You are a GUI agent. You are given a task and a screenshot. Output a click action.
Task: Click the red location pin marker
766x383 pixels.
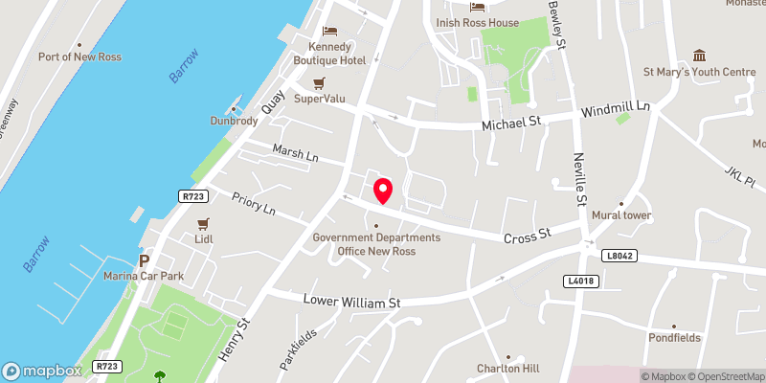click(x=383, y=190)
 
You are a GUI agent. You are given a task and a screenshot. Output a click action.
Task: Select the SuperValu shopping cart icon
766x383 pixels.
click(x=320, y=82)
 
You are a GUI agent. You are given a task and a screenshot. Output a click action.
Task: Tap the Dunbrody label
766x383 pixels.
click(x=234, y=121)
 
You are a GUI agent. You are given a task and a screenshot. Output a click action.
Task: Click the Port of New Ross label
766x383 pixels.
click(x=77, y=56)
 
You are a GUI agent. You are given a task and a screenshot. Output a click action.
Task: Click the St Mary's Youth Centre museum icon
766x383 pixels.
click(x=699, y=54)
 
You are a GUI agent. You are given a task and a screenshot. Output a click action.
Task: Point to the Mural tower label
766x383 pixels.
click(x=621, y=215)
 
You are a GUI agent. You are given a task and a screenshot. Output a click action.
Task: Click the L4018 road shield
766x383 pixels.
click(x=580, y=280)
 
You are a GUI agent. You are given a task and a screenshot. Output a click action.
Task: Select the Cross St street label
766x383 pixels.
click(x=529, y=234)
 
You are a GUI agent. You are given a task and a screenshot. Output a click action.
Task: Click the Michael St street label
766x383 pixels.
click(x=512, y=124)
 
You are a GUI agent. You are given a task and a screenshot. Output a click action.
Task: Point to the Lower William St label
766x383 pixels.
click(x=351, y=302)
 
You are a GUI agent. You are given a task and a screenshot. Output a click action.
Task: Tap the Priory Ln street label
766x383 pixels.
click(x=254, y=203)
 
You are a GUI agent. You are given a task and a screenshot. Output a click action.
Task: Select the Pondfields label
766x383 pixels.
click(x=673, y=337)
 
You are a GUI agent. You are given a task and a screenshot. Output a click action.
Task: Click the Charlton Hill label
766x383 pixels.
click(x=508, y=369)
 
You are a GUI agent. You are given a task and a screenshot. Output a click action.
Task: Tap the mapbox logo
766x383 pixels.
click(x=42, y=371)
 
